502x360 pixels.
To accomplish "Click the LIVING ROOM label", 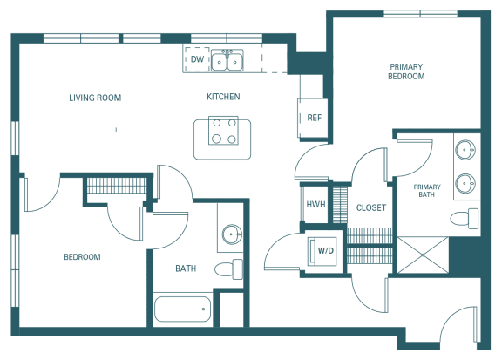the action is point(95,98).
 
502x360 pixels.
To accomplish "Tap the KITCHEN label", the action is point(223,97).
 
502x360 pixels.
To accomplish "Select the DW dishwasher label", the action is point(197,59).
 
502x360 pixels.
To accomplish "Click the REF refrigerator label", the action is point(314,118).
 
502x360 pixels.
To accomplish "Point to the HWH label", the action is point(315,204).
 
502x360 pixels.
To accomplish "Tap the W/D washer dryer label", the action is point(326,250).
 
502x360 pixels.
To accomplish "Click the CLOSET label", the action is point(371,207).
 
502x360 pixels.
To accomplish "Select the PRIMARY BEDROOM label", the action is point(406,71).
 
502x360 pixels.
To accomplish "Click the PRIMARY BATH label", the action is point(427,191).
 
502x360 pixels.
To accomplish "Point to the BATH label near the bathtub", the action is point(186,268).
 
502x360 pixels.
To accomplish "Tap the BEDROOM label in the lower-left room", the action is point(82,257).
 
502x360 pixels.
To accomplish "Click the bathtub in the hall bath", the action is point(182,309).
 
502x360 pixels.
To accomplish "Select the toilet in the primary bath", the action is point(465,219).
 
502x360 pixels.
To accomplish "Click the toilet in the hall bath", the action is point(228,269).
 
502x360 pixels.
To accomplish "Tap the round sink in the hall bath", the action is point(232,234).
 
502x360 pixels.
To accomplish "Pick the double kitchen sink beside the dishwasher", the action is point(227,60).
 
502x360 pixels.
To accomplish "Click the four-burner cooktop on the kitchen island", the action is point(223,131).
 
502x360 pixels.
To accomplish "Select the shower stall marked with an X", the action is point(423,255).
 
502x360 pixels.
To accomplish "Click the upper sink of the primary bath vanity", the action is point(465,150).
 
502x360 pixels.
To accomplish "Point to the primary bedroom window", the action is point(420,14).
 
